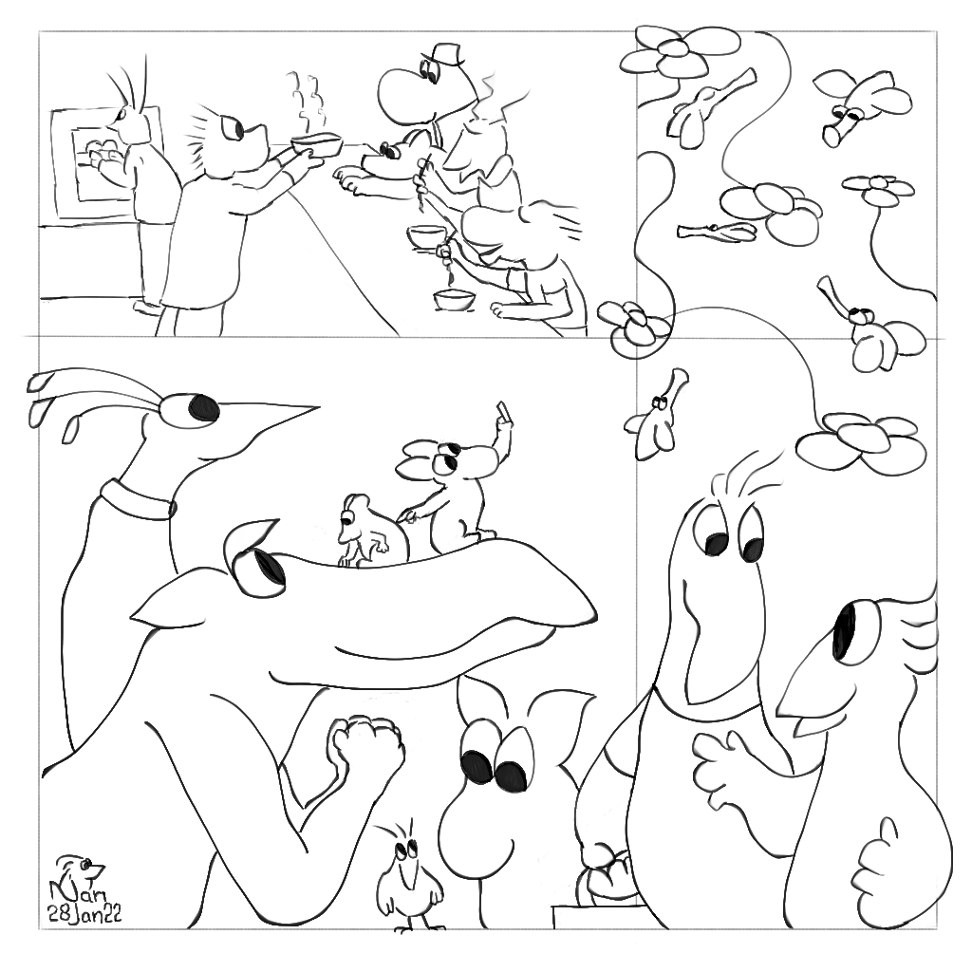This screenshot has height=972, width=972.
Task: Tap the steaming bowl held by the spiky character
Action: [317, 144]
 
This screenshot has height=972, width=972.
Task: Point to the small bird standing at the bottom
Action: [409, 876]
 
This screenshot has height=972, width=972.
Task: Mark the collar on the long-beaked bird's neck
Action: [137, 499]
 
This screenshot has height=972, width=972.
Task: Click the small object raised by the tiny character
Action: [501, 412]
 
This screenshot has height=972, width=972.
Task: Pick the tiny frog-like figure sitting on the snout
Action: [364, 532]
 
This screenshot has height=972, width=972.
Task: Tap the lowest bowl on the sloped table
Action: [455, 299]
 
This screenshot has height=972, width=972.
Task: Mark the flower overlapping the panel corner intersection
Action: [635, 329]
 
